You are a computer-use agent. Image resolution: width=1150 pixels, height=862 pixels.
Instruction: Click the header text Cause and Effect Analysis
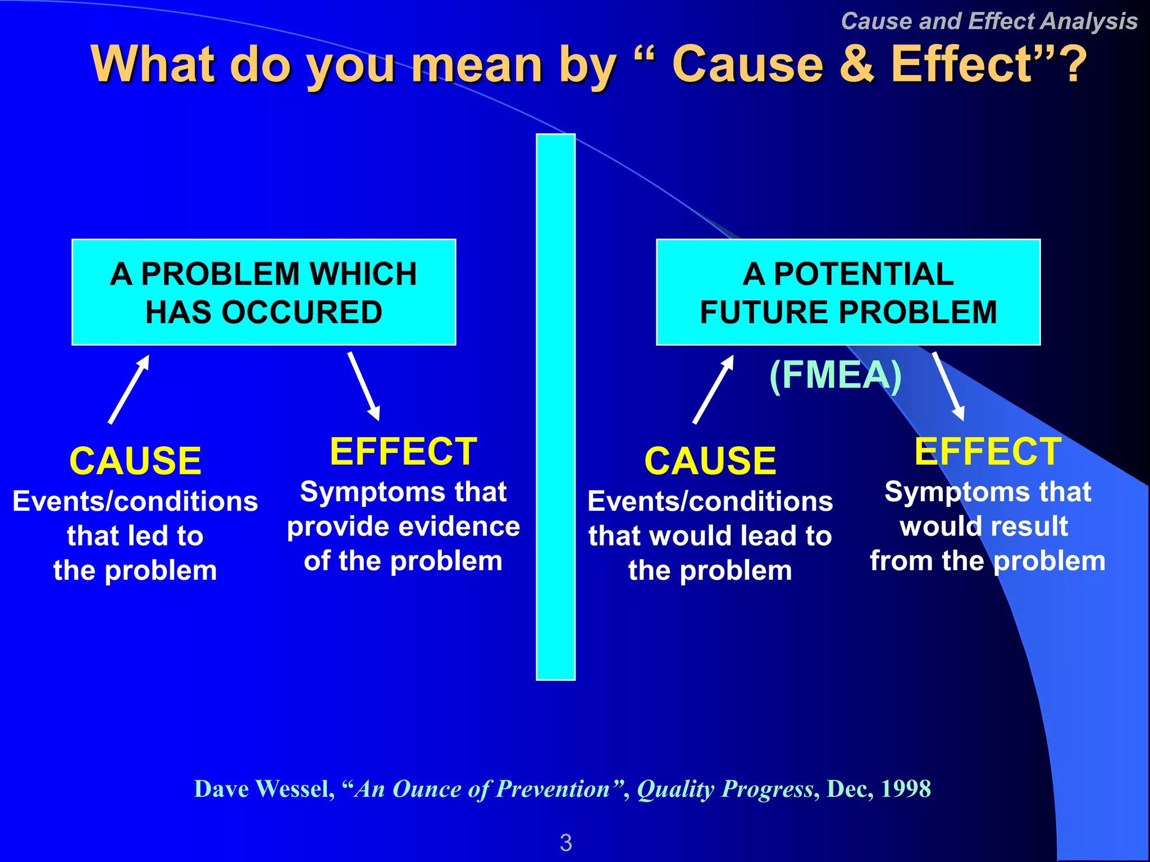[x=989, y=21]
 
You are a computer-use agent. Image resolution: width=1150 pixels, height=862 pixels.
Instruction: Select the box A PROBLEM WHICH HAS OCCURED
[x=263, y=292]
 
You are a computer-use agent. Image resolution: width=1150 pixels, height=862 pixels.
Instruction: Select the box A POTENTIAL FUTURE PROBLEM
[x=848, y=292]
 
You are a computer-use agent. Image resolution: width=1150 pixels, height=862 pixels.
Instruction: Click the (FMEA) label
[x=836, y=375]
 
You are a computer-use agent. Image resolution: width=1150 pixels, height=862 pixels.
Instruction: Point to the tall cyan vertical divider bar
[x=555, y=407]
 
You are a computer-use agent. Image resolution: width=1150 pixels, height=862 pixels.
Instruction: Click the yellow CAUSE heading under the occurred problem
[x=135, y=461]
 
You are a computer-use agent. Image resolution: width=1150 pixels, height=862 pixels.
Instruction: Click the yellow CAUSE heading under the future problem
[x=710, y=461]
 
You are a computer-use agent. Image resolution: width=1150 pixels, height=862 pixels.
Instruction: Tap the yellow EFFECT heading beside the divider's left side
[x=403, y=452]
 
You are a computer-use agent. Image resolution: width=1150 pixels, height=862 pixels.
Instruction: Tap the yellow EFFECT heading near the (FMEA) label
[x=988, y=452]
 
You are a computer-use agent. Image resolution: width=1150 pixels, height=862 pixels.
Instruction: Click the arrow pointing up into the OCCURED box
[x=129, y=389]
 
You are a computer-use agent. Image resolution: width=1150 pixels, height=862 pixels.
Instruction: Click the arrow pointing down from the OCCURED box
[x=364, y=387]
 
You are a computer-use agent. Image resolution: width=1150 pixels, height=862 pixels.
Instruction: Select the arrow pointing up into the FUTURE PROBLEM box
[x=714, y=389]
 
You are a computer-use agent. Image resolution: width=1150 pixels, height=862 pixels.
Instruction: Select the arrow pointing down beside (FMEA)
[x=948, y=387]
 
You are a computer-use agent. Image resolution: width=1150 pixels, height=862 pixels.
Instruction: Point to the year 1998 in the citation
[x=905, y=789]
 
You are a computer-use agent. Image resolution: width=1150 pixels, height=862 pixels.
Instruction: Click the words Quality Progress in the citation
[x=725, y=789]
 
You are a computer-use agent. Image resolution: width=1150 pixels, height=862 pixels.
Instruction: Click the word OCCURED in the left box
[x=302, y=313]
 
